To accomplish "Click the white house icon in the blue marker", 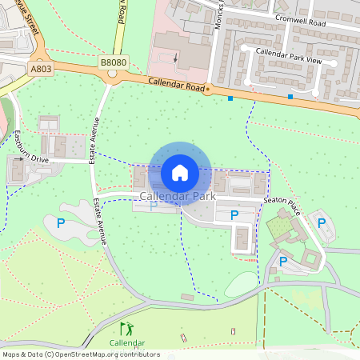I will pos(180,172).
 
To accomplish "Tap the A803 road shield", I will pos(42,70).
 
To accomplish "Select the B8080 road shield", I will pos(113,62).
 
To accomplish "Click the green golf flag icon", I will pos(126,329).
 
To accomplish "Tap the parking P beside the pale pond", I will pos(61,223).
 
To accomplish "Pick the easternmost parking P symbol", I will pos(321,223).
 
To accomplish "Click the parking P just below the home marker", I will pos(154,206).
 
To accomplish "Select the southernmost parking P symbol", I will pos(282,261).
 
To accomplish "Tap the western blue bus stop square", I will pos(230,98).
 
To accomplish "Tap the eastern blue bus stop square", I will pos(290,98).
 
